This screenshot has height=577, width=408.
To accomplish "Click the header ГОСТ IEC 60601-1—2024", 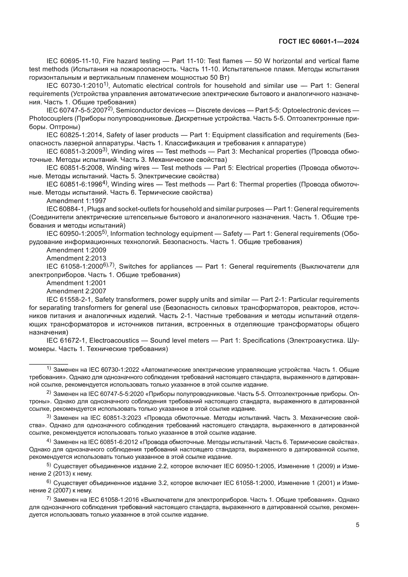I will pos(318,42).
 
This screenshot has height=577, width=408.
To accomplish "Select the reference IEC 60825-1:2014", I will pos(75,135).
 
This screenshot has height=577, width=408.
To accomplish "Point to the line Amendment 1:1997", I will pos(76,201).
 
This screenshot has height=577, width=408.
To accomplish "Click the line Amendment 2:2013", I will pos(76,258).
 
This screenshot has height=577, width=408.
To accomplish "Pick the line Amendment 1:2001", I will pos(76,283).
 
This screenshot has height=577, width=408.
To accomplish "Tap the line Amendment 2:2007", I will pos(76,291).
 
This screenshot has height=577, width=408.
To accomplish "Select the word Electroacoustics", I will pos(114,340).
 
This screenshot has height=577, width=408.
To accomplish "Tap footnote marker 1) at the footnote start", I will pos(49,369).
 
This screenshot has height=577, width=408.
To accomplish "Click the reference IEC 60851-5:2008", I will pos(75,168).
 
